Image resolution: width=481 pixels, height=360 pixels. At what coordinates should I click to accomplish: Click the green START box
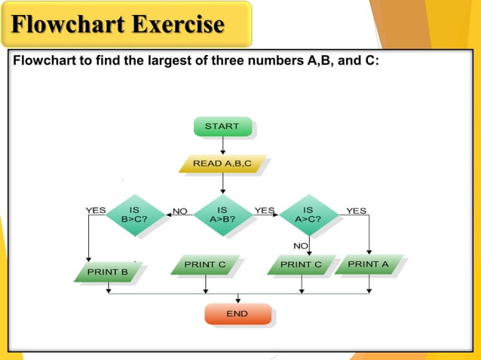222,127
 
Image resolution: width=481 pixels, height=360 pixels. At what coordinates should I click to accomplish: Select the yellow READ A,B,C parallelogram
222,163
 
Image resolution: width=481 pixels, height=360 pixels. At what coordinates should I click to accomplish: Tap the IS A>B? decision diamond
222,215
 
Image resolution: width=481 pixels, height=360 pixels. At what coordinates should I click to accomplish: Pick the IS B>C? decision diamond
134,215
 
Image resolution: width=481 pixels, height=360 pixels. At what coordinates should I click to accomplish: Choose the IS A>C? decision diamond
308,215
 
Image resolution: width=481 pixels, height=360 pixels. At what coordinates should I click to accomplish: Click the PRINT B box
107,271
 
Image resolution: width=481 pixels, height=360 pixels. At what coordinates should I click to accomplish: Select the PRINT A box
368,264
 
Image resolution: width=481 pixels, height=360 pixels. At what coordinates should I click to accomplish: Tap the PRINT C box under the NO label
301,265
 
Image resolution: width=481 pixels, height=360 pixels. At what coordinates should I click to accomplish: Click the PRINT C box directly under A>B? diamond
205,265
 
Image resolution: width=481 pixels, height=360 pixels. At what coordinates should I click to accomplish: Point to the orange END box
237,313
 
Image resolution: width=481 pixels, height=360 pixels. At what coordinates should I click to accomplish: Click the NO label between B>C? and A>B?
179,212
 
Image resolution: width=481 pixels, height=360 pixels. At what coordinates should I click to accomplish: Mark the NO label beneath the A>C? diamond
301,246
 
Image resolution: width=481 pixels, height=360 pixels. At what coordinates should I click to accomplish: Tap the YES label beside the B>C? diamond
96,210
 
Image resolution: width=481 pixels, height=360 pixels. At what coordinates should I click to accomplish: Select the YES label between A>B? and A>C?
265,210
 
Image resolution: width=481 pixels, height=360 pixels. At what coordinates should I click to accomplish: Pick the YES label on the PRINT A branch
356,211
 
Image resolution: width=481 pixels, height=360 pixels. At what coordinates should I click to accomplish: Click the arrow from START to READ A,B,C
222,145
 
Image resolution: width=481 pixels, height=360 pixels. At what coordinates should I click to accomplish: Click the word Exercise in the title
178,25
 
